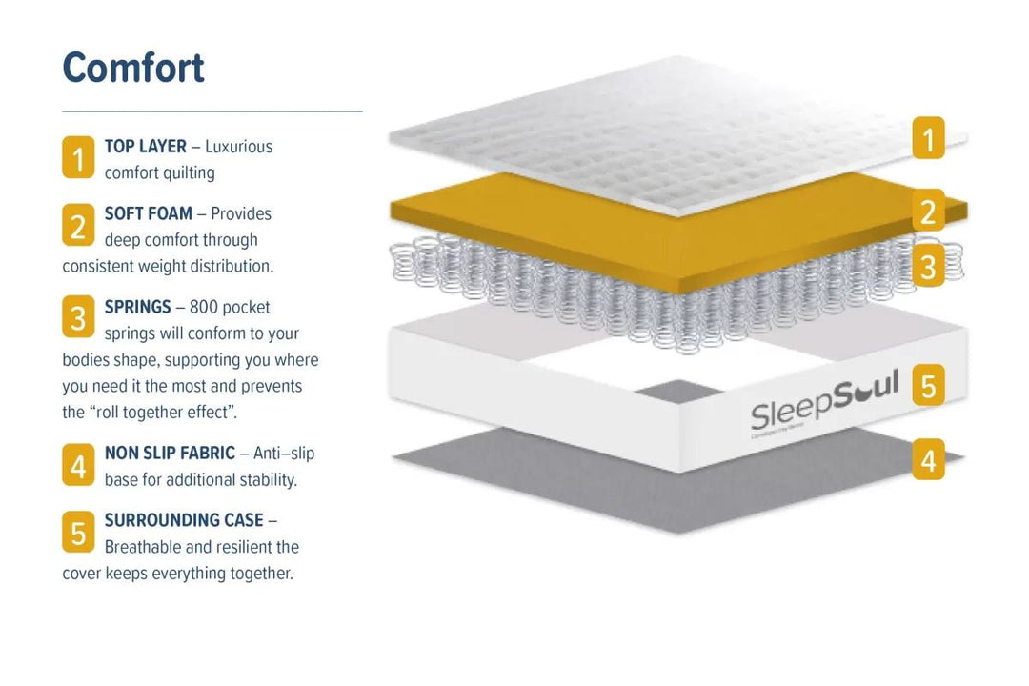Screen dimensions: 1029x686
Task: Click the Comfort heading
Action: (133, 68)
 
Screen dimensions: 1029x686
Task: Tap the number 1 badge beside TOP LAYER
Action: (78, 157)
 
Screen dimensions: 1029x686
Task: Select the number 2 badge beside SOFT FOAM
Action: (78, 225)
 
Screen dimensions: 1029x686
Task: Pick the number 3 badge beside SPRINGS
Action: (78, 316)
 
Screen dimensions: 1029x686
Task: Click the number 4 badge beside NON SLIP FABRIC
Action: (78, 465)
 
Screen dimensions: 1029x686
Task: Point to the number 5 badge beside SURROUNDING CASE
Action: (78, 532)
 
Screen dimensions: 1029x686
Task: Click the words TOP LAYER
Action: (145, 147)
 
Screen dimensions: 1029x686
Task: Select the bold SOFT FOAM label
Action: (149, 213)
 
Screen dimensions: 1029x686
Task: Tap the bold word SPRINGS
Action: (138, 307)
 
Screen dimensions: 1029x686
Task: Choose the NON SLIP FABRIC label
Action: (170, 453)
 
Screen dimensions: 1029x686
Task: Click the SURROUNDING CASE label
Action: (184, 520)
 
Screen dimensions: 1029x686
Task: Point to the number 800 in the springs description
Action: (204, 307)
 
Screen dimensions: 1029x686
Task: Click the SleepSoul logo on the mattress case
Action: (824, 402)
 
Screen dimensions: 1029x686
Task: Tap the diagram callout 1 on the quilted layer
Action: (929, 138)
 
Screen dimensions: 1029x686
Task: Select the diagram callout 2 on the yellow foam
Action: (929, 211)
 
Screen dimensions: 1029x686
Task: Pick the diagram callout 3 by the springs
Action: (929, 266)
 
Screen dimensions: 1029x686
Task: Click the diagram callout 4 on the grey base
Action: (929, 459)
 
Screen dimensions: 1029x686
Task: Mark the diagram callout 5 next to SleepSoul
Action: (929, 385)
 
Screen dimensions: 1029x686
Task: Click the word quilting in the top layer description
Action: (188, 173)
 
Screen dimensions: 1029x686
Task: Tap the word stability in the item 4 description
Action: (268, 480)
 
